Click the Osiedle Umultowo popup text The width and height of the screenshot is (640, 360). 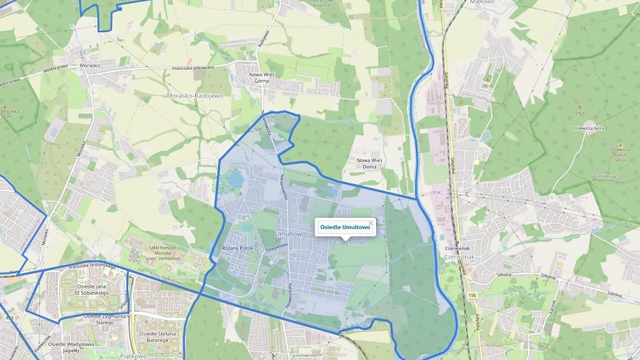coord(345,228)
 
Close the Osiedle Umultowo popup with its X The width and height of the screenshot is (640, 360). coord(371,223)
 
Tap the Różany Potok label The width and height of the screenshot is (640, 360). coord(236,248)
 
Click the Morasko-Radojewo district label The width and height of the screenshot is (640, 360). coord(194,96)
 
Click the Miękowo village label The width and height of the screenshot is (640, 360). coord(478,2)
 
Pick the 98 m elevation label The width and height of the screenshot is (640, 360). coord(487,86)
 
